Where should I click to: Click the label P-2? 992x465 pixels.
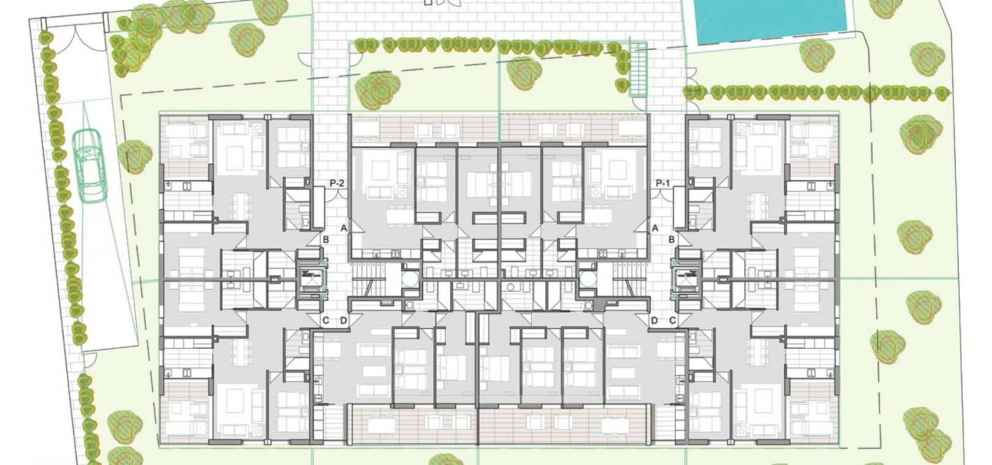tap(337, 183)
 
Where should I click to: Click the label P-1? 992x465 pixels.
tap(663, 183)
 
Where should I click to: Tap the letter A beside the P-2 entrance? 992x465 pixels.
tap(344, 228)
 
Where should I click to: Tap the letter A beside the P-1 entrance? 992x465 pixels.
tap(655, 228)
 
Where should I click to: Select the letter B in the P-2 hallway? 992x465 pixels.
tap(326, 240)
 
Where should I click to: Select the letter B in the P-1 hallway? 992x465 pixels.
tap(672, 240)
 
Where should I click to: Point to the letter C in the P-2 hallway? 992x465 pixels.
tap(326, 321)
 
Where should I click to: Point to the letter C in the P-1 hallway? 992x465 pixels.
tap(673, 321)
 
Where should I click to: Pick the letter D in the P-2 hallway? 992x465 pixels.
tap(344, 321)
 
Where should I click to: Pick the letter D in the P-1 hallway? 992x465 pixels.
tap(655, 321)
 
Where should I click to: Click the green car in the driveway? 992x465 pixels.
tap(91, 166)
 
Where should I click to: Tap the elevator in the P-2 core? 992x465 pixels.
tap(312, 280)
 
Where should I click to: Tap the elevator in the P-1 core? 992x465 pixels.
tap(686, 280)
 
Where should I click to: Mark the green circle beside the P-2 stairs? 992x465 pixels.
tap(410, 279)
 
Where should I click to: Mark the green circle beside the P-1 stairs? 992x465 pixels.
tap(588, 279)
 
